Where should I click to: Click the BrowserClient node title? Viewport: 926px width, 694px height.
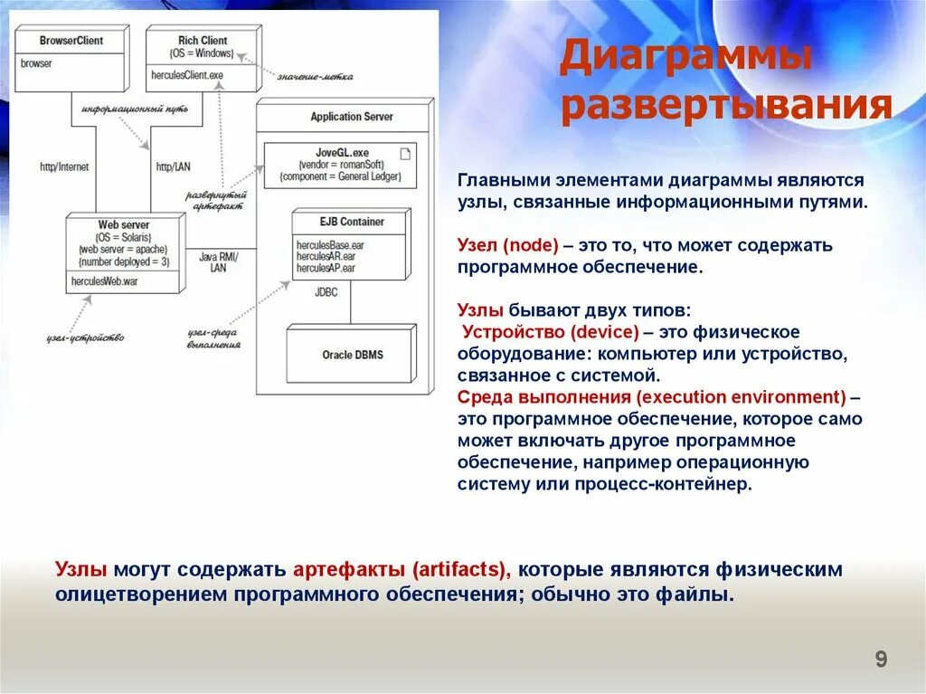71,41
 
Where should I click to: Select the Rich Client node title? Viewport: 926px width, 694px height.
203,41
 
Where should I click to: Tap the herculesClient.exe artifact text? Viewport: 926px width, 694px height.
187,76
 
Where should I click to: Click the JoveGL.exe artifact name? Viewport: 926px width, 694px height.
340,153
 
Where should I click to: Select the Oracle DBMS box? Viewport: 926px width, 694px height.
353,355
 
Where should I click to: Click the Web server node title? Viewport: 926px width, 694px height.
124,224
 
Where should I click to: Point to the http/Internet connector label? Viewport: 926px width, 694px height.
64,167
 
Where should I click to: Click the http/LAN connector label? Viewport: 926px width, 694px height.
174,167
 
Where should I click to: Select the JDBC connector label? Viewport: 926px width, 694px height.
326,292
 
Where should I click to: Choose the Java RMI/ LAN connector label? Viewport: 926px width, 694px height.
218,262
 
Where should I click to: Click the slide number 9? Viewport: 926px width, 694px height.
881,660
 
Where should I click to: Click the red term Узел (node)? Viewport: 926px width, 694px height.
508,245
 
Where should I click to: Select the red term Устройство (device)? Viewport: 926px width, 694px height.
551,331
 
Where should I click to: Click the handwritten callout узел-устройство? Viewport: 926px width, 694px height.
85,337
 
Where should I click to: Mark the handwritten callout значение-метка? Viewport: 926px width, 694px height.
315,76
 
